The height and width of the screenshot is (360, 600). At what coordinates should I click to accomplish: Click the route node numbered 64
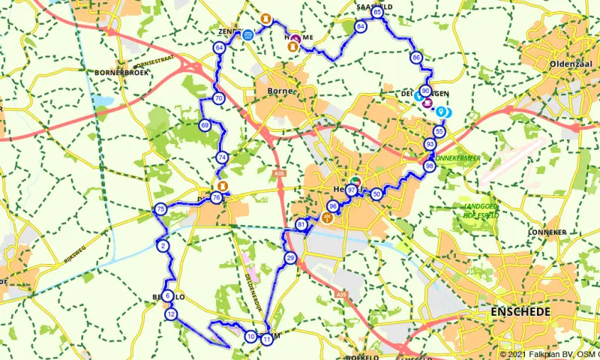pos(219,48)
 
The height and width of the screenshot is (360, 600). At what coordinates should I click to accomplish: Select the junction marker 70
pos(218,98)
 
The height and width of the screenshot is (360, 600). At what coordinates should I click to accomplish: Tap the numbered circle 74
pos(221,157)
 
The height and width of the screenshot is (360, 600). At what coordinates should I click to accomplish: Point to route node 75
pos(159,209)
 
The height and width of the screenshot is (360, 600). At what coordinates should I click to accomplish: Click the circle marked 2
pos(163,246)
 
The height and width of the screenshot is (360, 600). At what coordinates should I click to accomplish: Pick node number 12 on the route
pos(172,314)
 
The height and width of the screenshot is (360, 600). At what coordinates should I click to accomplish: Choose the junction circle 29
pos(290,259)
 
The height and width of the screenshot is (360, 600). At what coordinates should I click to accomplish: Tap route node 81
pos(301,225)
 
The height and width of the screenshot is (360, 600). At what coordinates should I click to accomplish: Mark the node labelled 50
pos(376,193)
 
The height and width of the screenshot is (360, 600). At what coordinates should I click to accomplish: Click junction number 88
pos(429,166)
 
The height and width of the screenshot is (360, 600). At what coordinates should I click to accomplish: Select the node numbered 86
pos(416,58)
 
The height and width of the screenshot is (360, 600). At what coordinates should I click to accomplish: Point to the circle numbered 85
pos(377,12)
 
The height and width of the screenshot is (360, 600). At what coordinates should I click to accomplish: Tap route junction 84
pos(361,26)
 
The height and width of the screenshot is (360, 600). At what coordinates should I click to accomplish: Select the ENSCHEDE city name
pos(520,310)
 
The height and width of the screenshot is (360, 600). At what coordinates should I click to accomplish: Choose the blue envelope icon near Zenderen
pos(247,34)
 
